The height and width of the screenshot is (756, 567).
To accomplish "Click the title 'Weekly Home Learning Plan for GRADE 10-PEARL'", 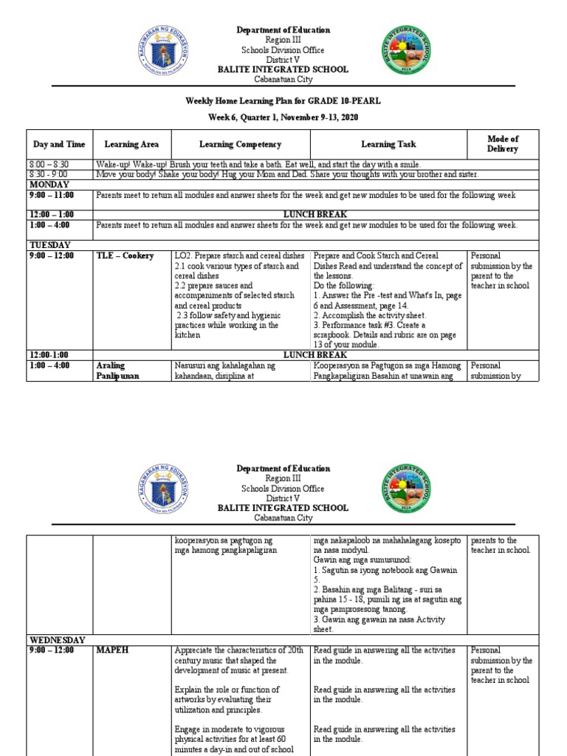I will (283, 100).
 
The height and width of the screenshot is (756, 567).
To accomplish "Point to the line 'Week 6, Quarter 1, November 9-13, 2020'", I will (283, 118).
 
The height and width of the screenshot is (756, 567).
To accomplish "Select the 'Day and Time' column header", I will (59, 145).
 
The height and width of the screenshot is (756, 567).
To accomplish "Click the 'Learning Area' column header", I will (131, 145).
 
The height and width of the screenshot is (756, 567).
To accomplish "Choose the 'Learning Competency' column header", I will (240, 145).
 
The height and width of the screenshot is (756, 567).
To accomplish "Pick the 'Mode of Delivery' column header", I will (503, 144).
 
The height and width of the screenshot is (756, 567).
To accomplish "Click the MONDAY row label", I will (49, 185).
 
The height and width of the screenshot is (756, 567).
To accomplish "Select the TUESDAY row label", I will (49, 244).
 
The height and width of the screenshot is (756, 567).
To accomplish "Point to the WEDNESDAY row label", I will (58, 639).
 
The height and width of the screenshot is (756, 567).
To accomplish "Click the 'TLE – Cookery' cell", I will (125, 256).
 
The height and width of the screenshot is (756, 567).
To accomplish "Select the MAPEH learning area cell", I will (111, 650).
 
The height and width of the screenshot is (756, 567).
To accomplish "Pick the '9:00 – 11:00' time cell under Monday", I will (51, 196).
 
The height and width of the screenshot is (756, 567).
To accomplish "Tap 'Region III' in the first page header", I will (283, 40).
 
